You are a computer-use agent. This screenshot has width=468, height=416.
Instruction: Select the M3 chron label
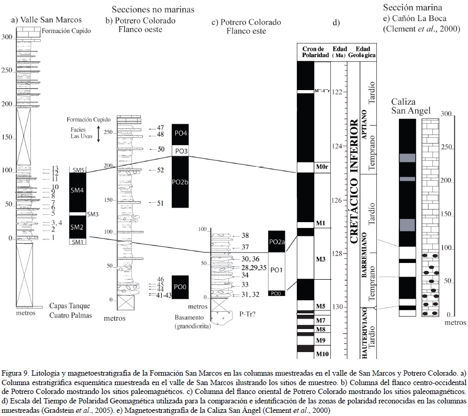point(321,259)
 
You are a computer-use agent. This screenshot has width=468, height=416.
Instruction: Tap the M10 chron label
point(321,355)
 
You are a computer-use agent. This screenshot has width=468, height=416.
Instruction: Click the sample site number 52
point(160,170)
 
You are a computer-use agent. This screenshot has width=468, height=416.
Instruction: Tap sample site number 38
point(245,235)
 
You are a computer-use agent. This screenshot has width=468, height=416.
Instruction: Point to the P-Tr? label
point(248,314)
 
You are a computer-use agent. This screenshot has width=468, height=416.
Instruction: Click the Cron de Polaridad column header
point(314,52)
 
